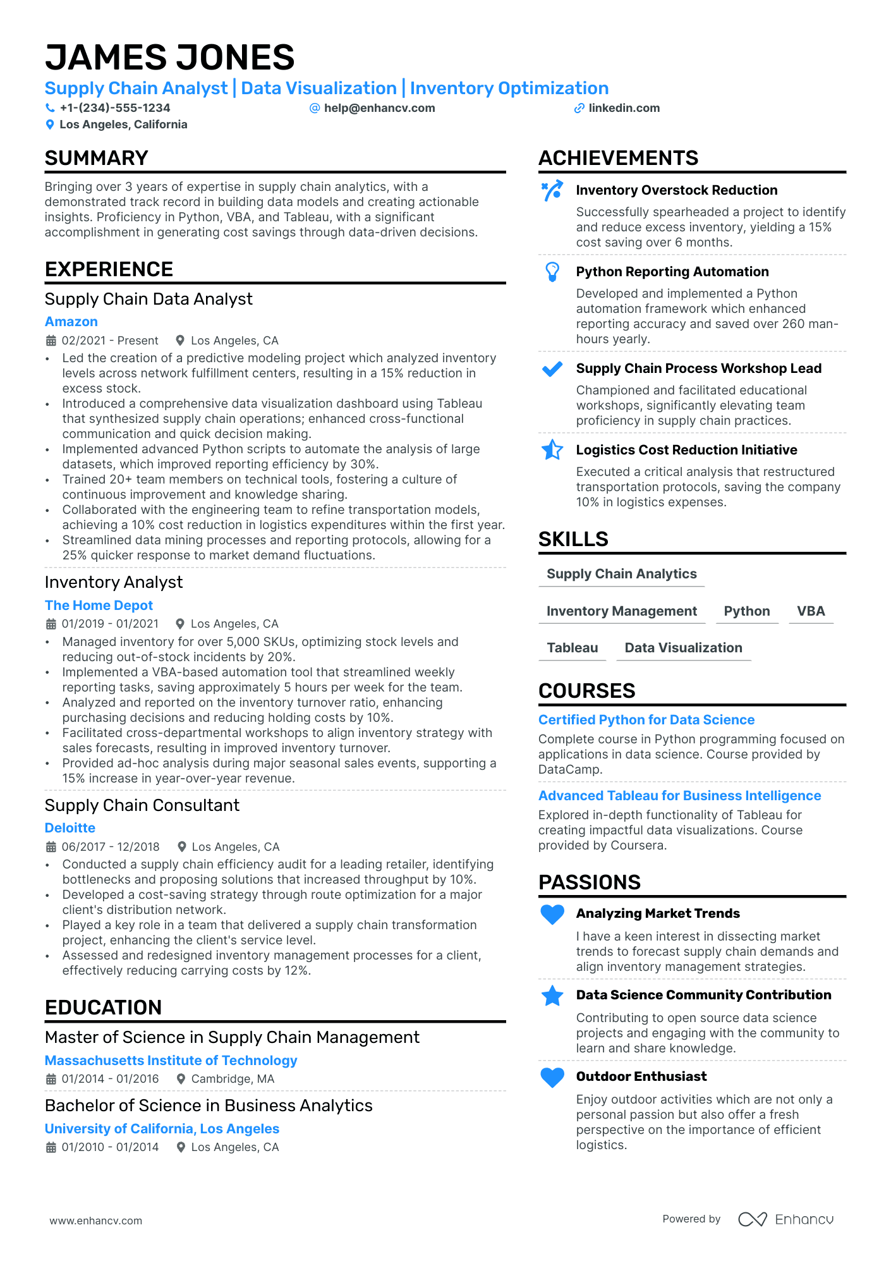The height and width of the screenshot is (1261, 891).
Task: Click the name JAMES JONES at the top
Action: coord(169,58)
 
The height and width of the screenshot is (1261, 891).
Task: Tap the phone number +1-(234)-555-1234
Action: coord(115,108)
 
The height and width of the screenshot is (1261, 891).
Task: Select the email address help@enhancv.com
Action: coord(379,108)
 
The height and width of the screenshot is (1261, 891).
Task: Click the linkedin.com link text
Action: coord(624,108)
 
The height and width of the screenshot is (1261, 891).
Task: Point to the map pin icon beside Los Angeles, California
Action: coord(50,125)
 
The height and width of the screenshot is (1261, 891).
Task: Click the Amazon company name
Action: coord(71,322)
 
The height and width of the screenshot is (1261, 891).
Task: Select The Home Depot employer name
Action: coord(99,606)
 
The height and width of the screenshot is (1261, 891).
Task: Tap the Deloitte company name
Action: coord(70,828)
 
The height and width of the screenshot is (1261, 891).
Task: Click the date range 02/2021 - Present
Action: coord(110,341)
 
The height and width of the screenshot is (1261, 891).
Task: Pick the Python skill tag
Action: coord(746,611)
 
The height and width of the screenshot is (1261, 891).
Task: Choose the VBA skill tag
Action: coord(811,611)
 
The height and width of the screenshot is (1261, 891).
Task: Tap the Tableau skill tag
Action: coord(572,648)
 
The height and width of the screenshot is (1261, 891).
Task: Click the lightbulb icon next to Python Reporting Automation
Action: coord(552,272)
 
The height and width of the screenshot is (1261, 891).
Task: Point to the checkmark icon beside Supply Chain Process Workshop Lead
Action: coord(552,369)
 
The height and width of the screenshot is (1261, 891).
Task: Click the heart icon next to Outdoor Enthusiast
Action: coord(552,1077)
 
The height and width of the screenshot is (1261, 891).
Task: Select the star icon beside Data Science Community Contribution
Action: coord(552,996)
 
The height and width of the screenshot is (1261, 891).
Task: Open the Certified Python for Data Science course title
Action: coord(646,720)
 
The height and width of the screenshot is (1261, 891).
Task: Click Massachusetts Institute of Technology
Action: coord(171,1061)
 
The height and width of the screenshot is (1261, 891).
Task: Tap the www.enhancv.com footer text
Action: coord(96,1221)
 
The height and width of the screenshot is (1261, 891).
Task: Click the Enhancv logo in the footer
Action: coord(785,1219)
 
